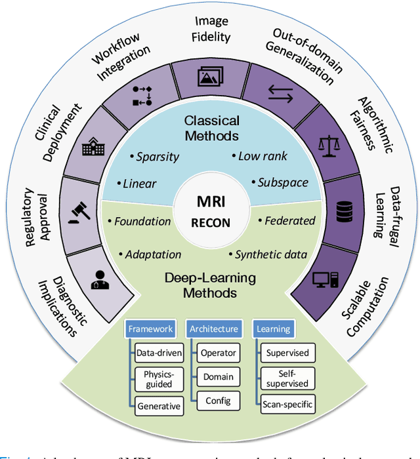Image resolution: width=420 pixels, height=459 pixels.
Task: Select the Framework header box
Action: point(150,329)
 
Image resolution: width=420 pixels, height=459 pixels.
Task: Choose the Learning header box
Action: point(273,329)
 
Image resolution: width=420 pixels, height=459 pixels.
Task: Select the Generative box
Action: point(158,406)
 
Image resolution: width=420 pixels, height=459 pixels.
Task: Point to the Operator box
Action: point(218,353)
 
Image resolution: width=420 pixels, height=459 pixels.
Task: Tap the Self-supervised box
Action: point(287,378)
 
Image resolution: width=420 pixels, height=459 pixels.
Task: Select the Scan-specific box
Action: point(287,404)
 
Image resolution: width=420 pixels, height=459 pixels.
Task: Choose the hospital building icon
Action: point(92,148)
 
